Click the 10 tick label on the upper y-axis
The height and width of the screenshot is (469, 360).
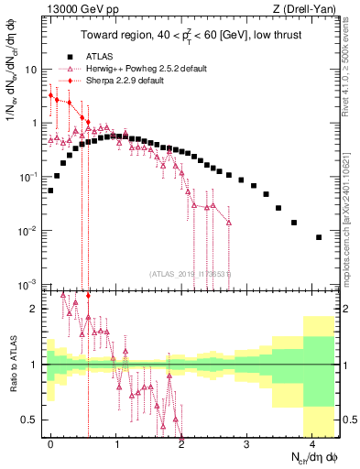pos(31,70)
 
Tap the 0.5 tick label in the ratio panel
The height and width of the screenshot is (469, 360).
pos(30,420)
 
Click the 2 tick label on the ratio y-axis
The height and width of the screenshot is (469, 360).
pos(35,309)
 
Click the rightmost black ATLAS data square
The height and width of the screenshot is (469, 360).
pos(319,237)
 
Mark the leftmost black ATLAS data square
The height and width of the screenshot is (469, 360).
pos(51,191)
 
